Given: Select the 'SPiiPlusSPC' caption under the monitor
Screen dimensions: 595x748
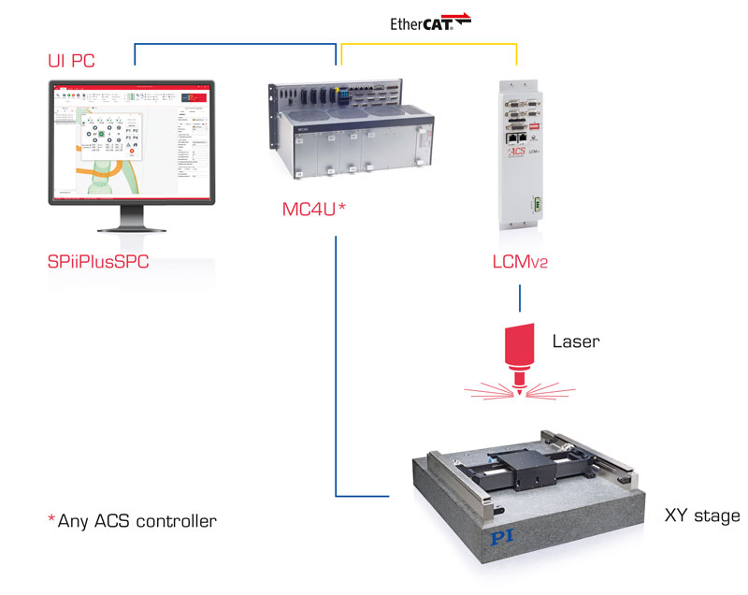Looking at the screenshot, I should (x=98, y=262).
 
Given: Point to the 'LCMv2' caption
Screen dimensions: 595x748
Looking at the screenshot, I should (x=518, y=262).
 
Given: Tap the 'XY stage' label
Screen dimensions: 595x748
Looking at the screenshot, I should (x=701, y=515).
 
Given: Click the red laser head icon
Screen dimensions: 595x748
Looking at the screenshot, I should (x=517, y=352).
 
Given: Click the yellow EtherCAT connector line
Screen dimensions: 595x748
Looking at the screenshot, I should (x=426, y=43).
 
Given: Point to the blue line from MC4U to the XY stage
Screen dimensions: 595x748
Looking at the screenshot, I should (x=335, y=374).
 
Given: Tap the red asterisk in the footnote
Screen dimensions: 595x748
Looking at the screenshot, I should (x=51, y=517).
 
